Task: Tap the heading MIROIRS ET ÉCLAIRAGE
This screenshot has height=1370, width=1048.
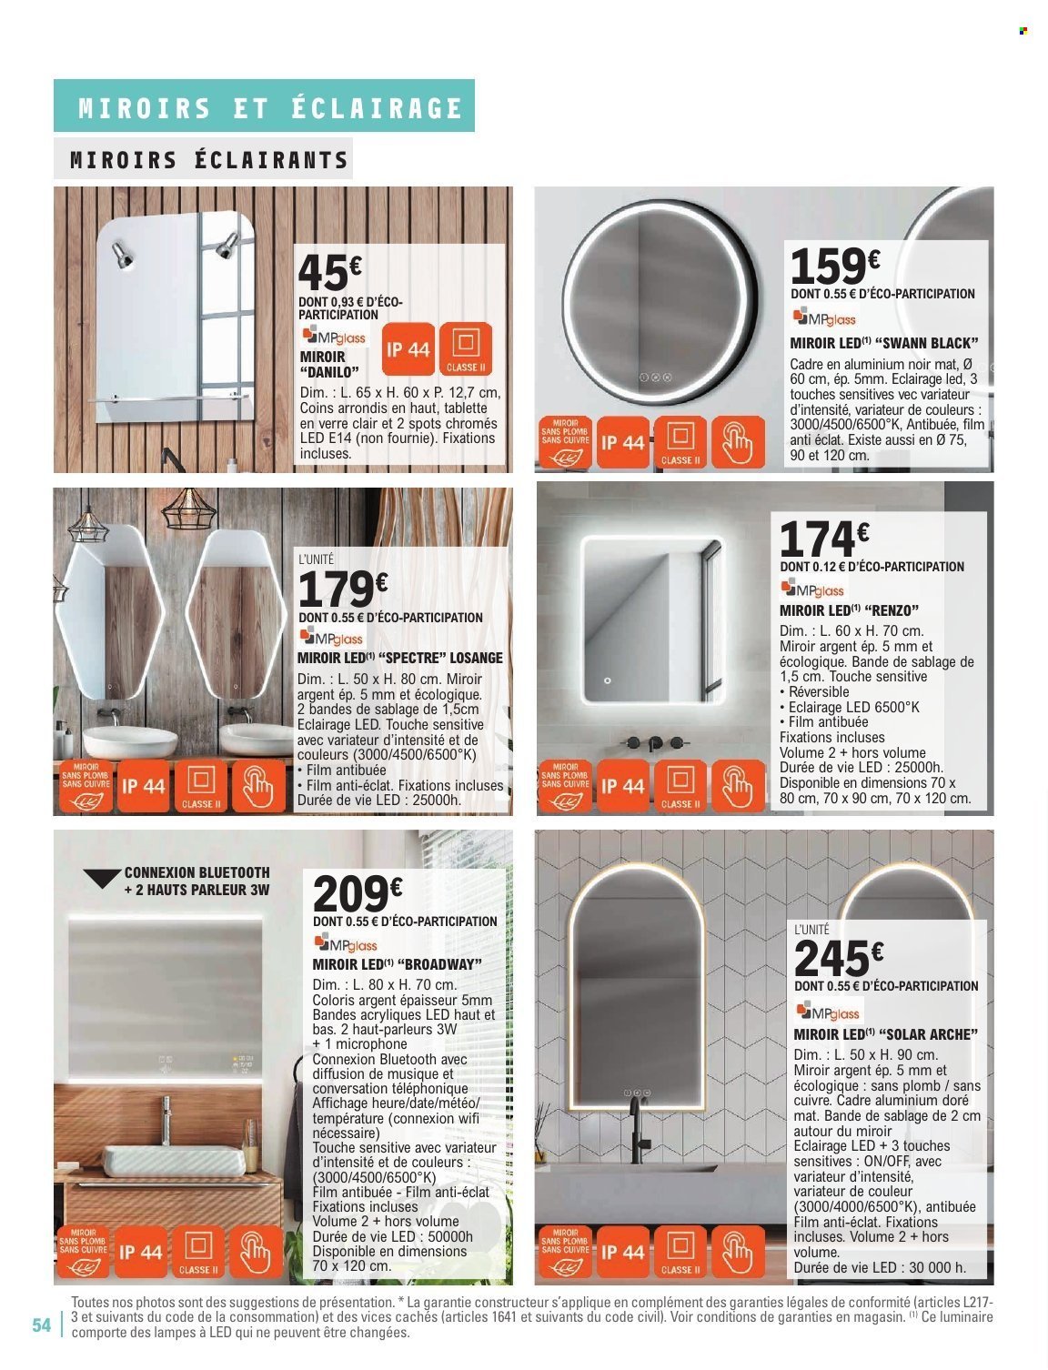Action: pyautogui.click(x=271, y=108)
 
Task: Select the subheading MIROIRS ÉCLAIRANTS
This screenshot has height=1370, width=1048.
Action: pyautogui.click(x=209, y=161)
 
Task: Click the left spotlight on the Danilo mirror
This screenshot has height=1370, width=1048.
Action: pyautogui.click(x=121, y=254)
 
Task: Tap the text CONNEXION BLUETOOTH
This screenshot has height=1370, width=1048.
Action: pyautogui.click(x=197, y=871)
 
